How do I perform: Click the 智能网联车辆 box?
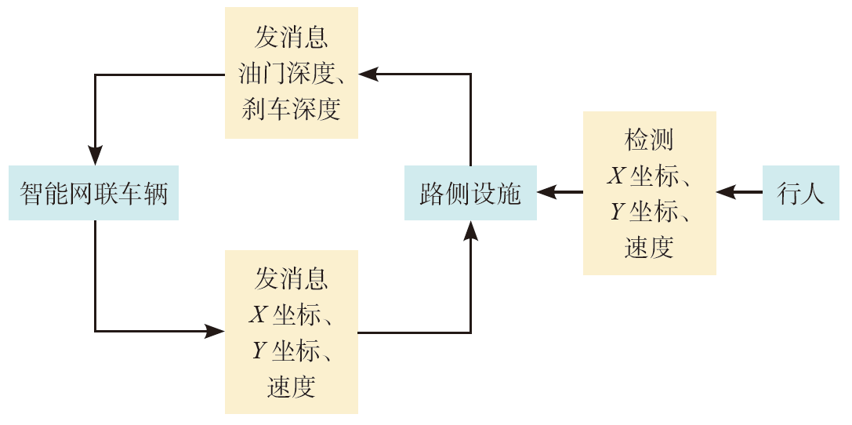[x=94, y=193]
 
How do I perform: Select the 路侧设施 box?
[x=470, y=193]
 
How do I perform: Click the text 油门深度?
[x=284, y=74]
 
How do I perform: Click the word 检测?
[x=649, y=140]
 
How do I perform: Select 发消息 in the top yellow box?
[x=291, y=38]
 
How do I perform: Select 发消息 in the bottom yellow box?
[x=291, y=278]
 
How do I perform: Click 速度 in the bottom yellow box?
[x=291, y=387]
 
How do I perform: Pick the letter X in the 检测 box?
[x=616, y=176]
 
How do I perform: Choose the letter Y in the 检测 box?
[x=616, y=212]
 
